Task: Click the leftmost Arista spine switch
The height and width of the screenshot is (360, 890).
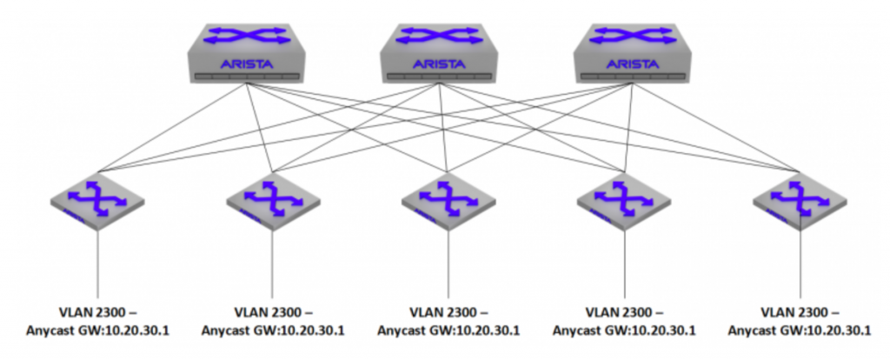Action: pyautogui.click(x=246, y=53)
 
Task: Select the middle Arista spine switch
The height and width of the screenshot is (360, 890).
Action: pyautogui.click(x=439, y=53)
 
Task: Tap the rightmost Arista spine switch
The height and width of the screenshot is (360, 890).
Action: pyautogui.click(x=633, y=53)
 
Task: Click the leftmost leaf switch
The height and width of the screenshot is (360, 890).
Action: pyautogui.click(x=97, y=201)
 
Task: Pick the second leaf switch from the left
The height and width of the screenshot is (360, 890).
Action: pyautogui.click(x=273, y=201)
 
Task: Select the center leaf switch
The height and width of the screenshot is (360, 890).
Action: pyautogui.click(x=448, y=201)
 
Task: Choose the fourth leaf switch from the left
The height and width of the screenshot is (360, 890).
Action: pyautogui.click(x=624, y=201)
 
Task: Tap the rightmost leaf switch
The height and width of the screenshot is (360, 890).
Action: pyautogui.click(x=800, y=201)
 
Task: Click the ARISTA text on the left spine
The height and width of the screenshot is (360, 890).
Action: pyautogui.click(x=246, y=64)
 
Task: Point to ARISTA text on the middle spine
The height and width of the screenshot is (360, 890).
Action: pyautogui.click(x=439, y=64)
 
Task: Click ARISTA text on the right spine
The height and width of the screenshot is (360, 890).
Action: pyautogui.click(x=633, y=64)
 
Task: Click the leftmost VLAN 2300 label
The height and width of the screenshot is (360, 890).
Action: pyautogui.click(x=97, y=313)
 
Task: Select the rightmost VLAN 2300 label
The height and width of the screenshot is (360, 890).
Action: pyautogui.click(x=800, y=313)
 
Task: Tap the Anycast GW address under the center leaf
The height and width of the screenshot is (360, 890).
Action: pyautogui.click(x=448, y=330)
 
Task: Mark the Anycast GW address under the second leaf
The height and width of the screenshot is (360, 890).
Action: pyautogui.click(x=273, y=330)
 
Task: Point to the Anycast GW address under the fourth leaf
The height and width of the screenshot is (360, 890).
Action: pyautogui.click(x=624, y=330)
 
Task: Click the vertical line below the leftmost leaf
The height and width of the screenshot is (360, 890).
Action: pyautogui.click(x=97, y=264)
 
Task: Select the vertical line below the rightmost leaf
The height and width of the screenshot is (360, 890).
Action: pyautogui.click(x=800, y=264)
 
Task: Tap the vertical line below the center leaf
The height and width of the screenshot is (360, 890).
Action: pyautogui.click(x=449, y=264)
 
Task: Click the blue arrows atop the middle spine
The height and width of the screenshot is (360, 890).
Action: pyautogui.click(x=439, y=36)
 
